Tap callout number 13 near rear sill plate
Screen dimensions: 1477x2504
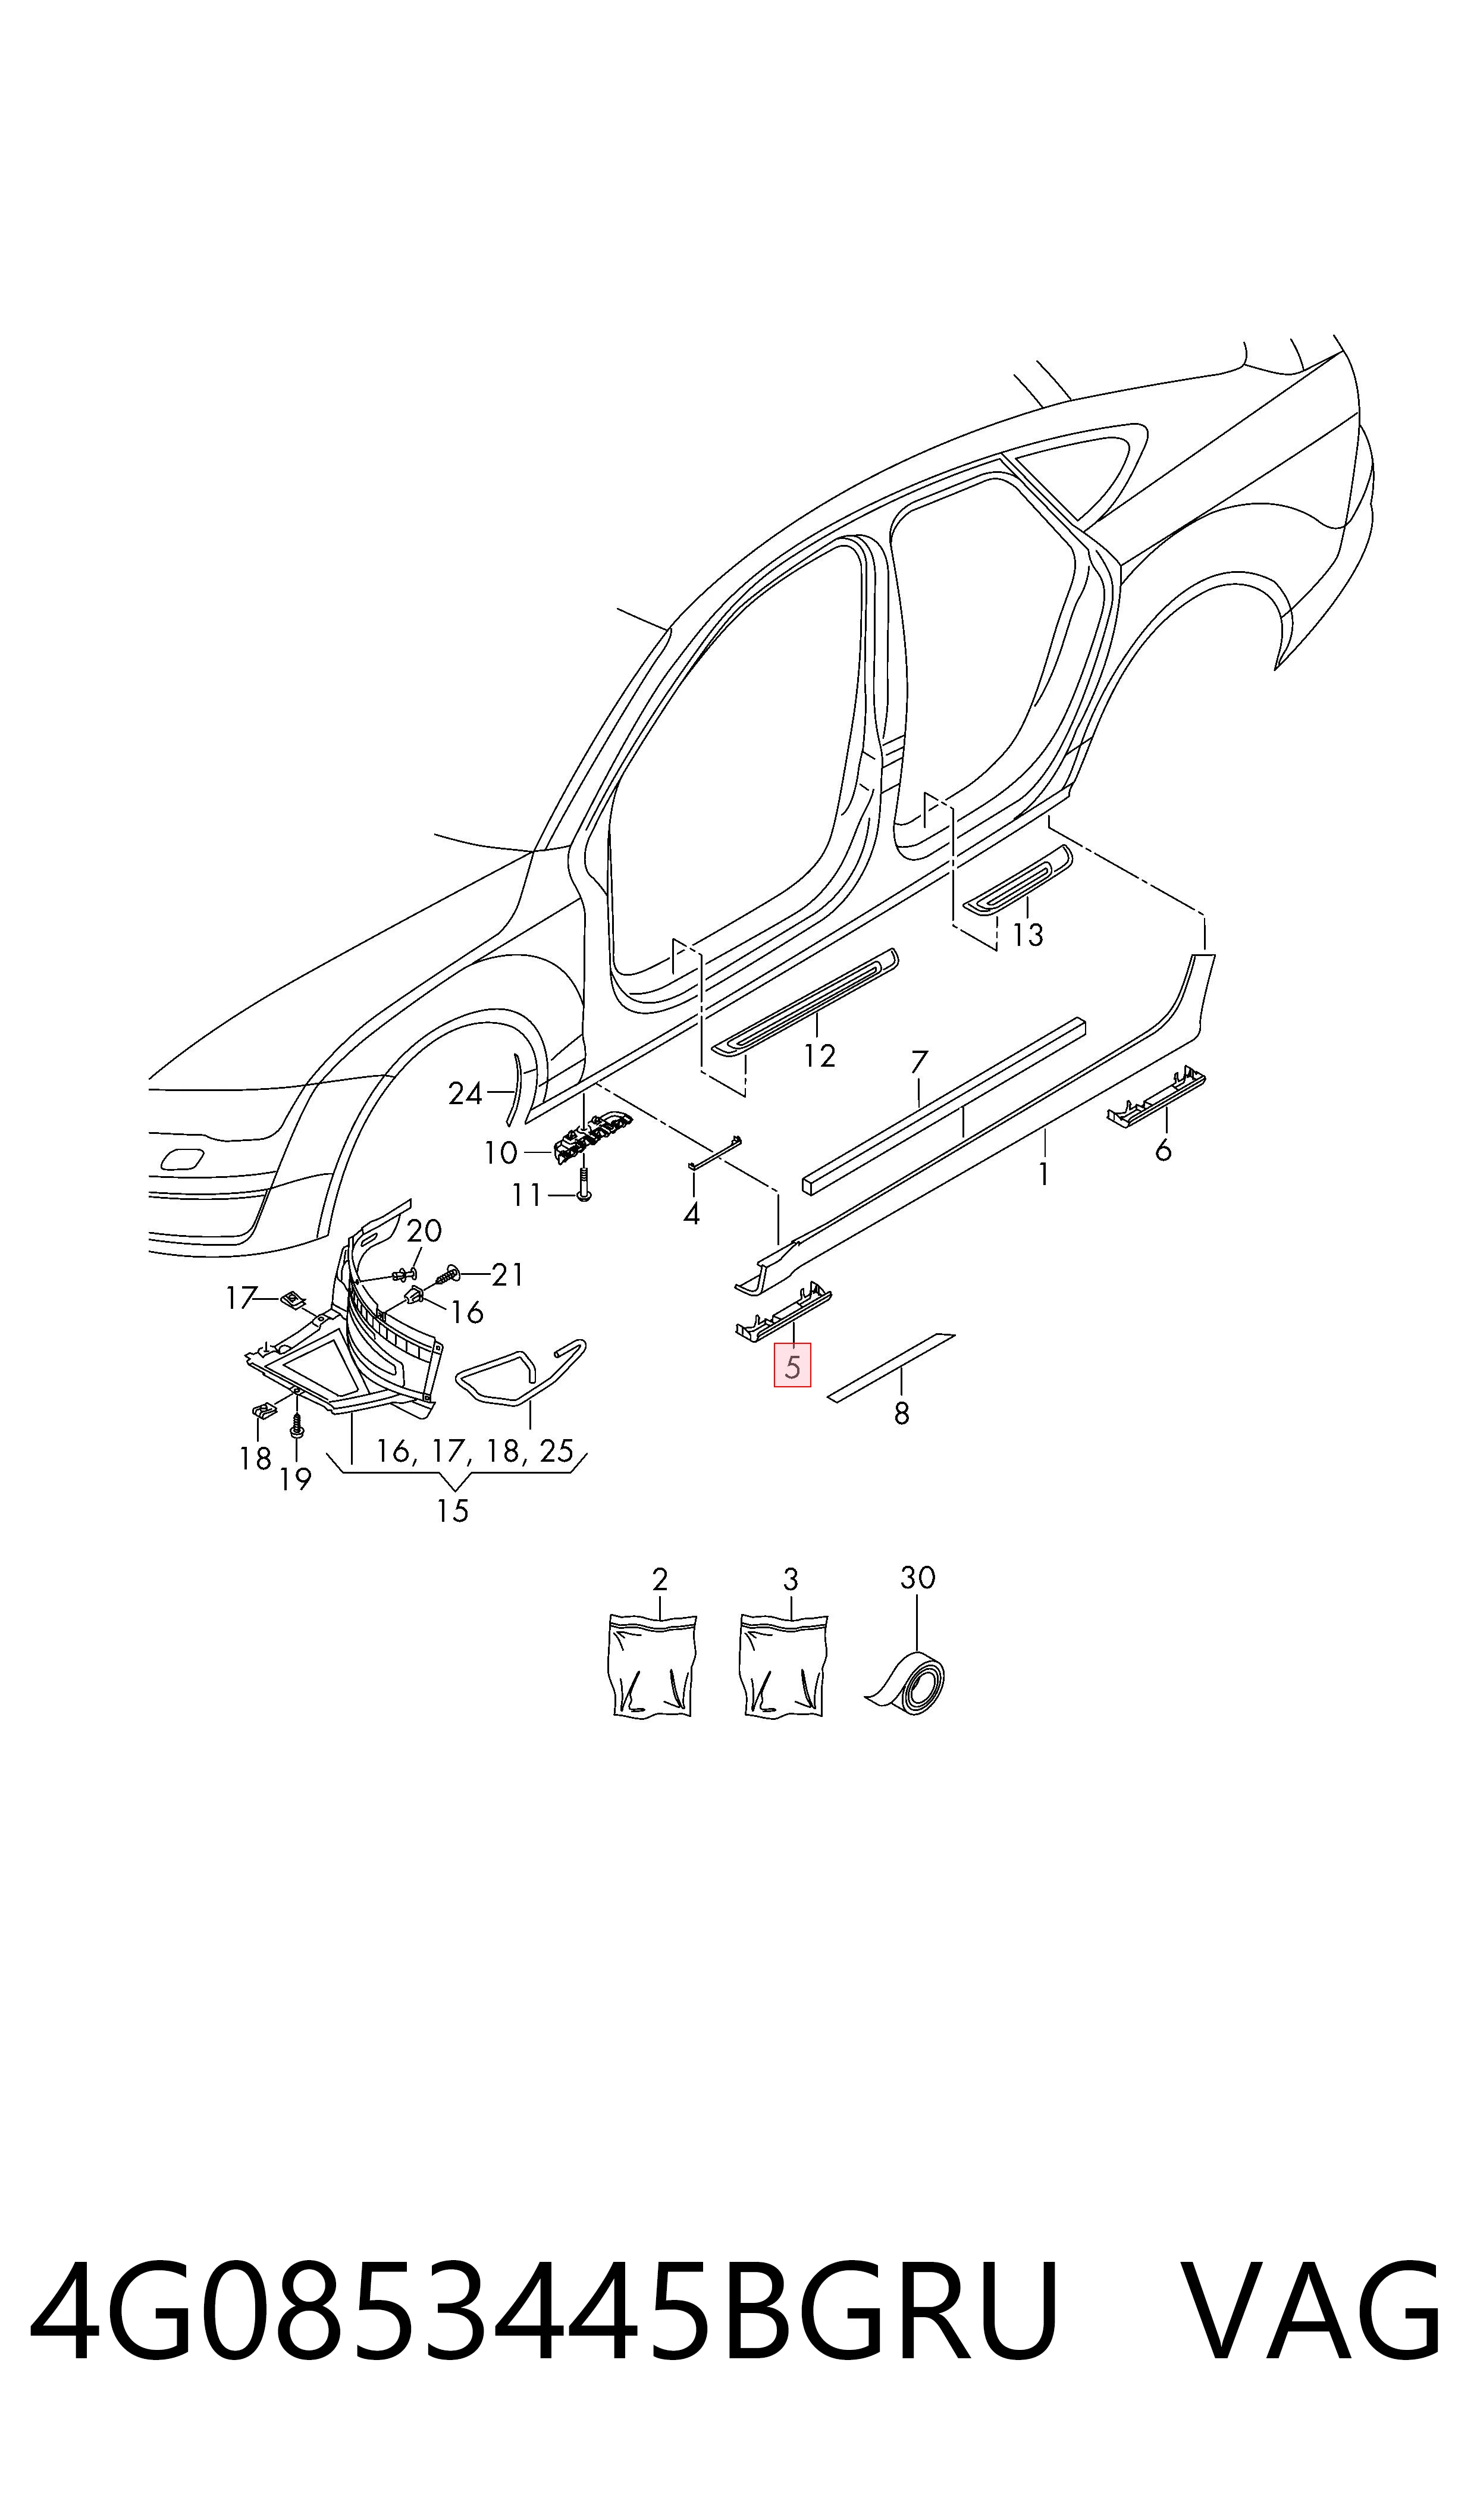click(x=1027, y=935)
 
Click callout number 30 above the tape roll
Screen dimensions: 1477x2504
click(x=918, y=1578)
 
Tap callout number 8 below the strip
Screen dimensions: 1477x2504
click(x=902, y=1414)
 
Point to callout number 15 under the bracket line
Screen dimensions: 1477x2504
click(x=453, y=1510)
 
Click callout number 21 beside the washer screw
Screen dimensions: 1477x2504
click(x=507, y=1275)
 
